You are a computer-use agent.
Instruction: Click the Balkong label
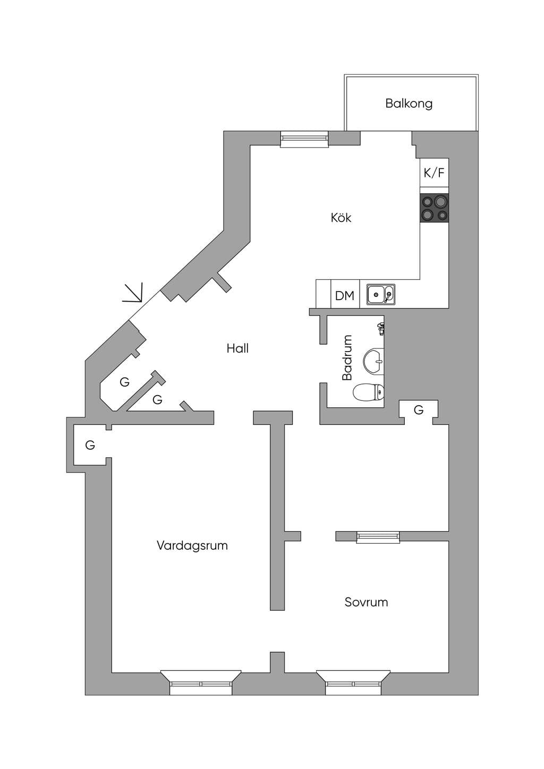[409, 104]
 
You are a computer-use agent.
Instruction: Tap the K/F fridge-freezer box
[434, 173]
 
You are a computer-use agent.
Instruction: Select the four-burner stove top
[435, 207]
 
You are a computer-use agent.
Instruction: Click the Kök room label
[341, 218]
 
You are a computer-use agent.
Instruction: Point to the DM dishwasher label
[344, 296]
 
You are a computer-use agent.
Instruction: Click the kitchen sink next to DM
[381, 294]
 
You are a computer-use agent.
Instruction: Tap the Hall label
[237, 348]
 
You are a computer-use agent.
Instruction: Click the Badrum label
[347, 357]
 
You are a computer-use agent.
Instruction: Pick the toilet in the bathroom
[368, 392]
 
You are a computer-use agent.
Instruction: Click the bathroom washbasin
[373, 361]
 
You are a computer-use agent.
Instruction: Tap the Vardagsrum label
[192, 545]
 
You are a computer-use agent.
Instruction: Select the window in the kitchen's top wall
[304, 139]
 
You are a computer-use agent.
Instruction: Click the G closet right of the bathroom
[419, 410]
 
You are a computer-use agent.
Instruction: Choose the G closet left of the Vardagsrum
[90, 445]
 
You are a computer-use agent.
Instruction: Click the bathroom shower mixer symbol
[380, 329]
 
